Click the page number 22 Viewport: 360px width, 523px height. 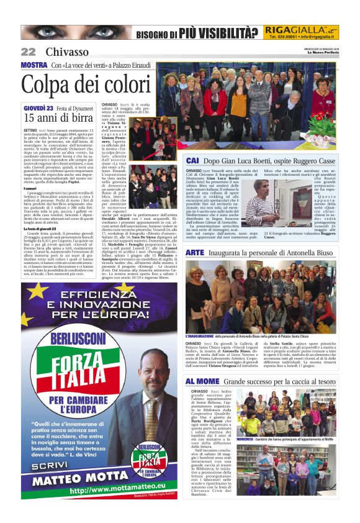click(x=28, y=52)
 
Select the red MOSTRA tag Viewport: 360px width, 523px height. click(x=34, y=65)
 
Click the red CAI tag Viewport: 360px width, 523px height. click(x=193, y=160)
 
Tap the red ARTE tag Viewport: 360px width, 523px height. click(x=195, y=253)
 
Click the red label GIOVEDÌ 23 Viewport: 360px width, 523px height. click(x=37, y=108)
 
